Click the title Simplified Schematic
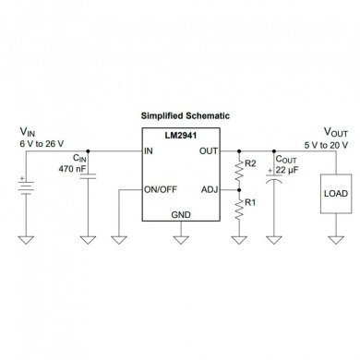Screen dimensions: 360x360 click(185, 115)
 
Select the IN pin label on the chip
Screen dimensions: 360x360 click(149, 151)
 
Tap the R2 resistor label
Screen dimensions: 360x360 click(248, 164)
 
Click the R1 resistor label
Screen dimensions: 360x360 click(249, 201)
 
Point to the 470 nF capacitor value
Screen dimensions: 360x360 click(75, 170)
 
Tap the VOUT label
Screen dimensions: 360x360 click(334, 132)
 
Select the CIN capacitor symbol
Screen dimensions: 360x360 click(89, 181)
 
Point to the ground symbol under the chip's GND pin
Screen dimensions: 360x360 click(180, 241)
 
